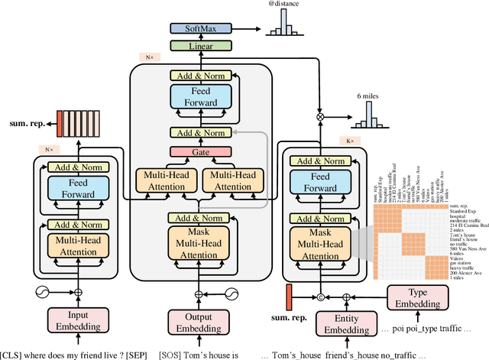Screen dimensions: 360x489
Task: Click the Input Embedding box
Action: [x=77, y=320]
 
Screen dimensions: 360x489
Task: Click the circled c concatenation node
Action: [x=321, y=294]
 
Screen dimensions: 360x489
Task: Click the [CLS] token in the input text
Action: [x=14, y=354]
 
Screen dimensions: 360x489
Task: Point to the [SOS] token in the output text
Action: [x=168, y=354]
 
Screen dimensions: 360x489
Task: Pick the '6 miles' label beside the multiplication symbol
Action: [x=370, y=96]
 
